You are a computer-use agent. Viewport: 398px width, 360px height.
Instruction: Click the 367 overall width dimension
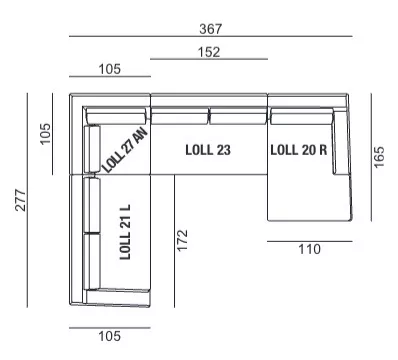point(210,29)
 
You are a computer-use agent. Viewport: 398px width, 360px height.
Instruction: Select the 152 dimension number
point(209,52)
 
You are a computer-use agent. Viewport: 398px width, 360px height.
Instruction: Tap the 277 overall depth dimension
point(21,200)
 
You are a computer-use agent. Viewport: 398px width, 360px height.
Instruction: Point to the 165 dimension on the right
point(379,157)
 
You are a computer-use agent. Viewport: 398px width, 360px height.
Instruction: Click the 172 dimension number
point(182,240)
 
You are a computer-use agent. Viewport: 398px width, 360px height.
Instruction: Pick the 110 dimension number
point(309,249)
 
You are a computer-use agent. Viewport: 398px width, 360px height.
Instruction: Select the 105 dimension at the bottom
point(109,336)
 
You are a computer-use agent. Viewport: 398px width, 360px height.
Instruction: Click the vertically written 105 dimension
point(45,134)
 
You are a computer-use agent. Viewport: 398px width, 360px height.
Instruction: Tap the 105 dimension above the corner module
point(110,69)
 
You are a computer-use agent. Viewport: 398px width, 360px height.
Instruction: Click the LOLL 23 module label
point(208,150)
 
